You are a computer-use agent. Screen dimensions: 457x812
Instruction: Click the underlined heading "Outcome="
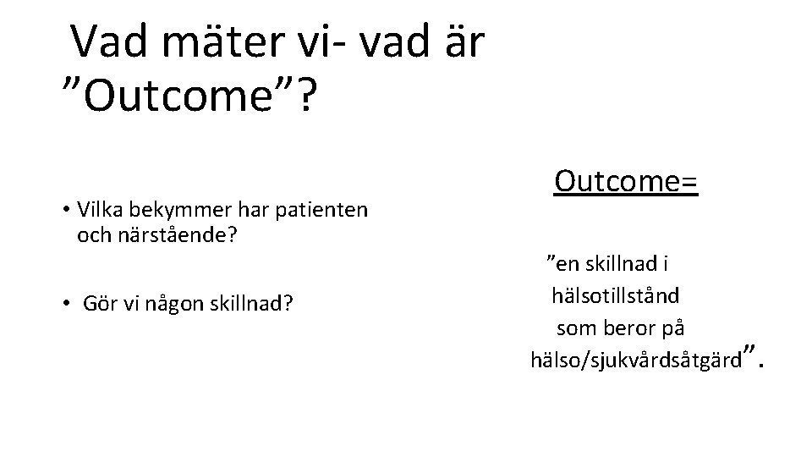626,180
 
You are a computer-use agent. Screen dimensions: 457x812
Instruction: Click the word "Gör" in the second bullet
98,303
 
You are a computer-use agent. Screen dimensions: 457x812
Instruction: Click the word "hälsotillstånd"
615,296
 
